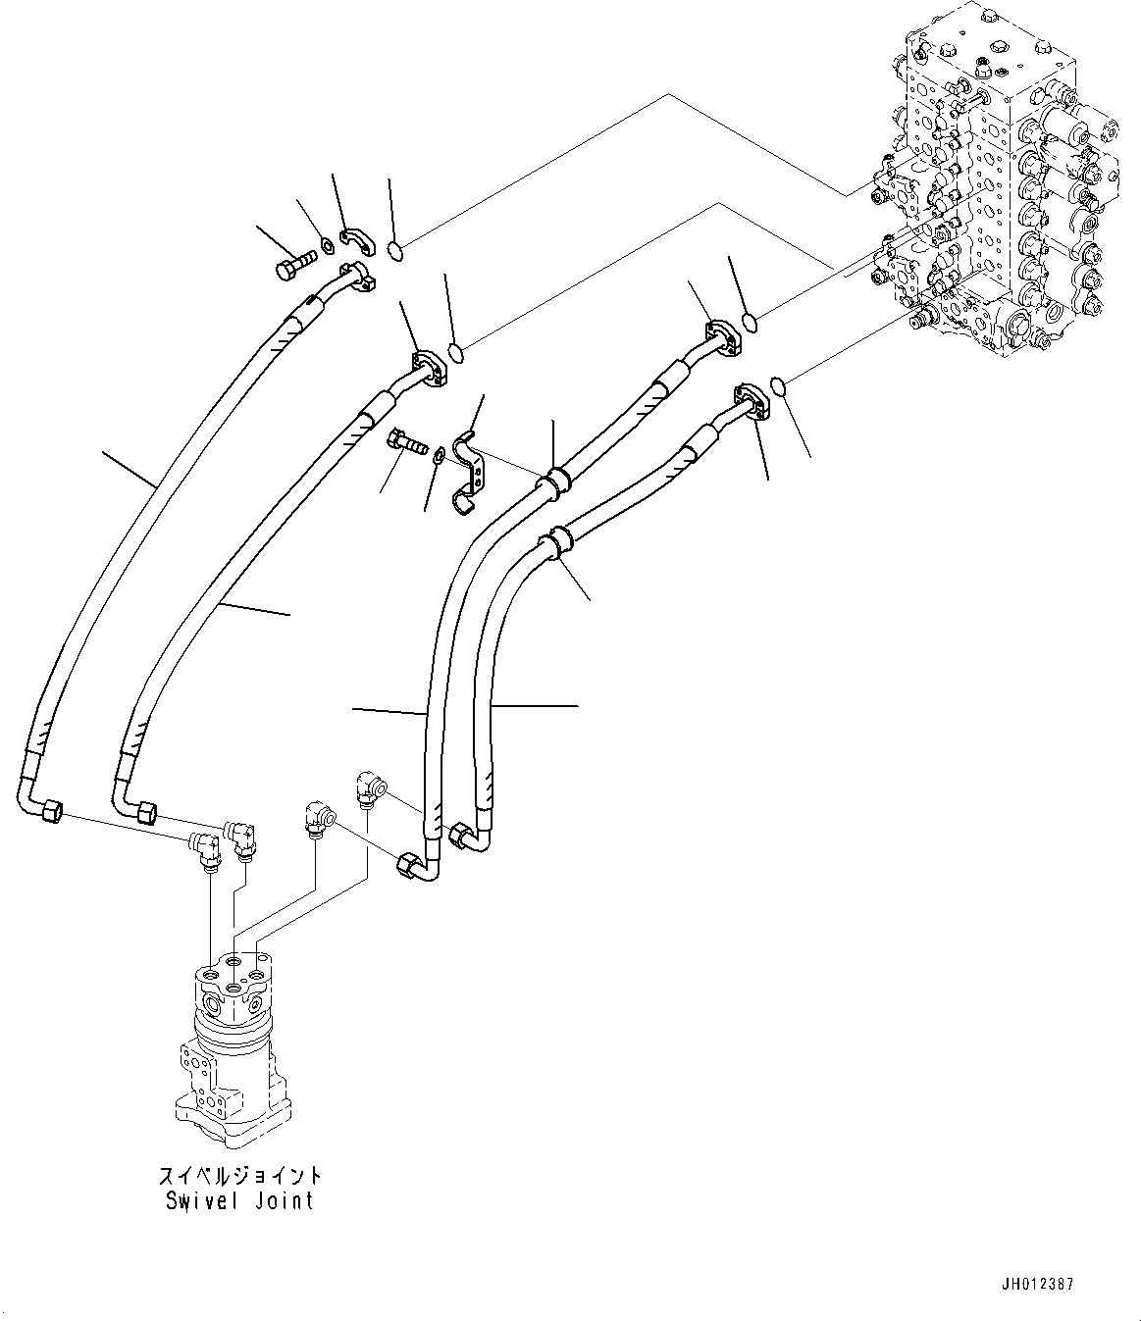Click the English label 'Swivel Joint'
239,1200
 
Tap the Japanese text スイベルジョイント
239,1175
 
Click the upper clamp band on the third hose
555,482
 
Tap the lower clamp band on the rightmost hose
557,542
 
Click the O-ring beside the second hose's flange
456,350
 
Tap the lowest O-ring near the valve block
778,387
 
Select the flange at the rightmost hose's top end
752,402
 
